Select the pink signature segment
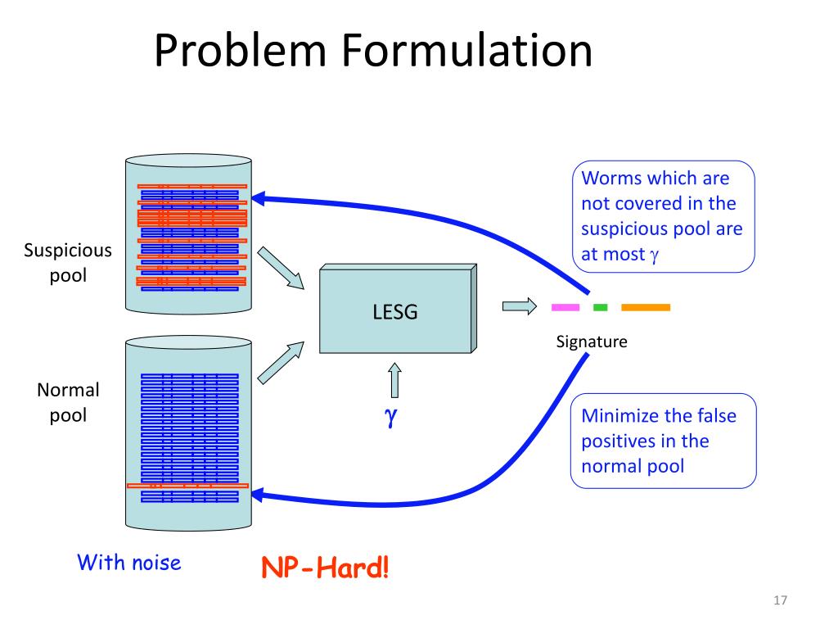click(x=565, y=308)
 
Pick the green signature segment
click(x=600, y=308)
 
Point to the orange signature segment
click(x=646, y=308)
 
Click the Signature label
click(x=592, y=342)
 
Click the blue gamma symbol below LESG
click(x=391, y=417)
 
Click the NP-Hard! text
click(x=325, y=567)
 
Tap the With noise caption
click(x=128, y=563)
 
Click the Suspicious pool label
click(x=68, y=262)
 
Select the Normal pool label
click(x=68, y=402)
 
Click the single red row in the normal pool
click(x=187, y=486)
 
